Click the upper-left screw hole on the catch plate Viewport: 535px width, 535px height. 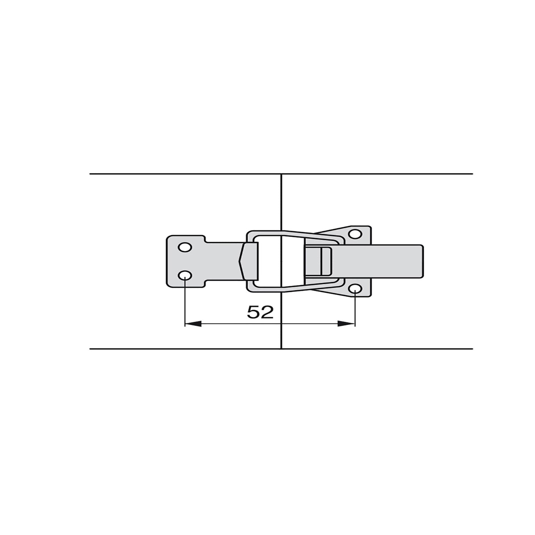185,247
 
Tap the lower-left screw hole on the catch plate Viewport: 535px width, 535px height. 185,276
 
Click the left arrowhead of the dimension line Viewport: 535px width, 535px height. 193,324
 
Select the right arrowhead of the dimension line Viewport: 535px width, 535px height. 347,324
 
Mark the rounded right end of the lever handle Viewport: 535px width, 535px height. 422,261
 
